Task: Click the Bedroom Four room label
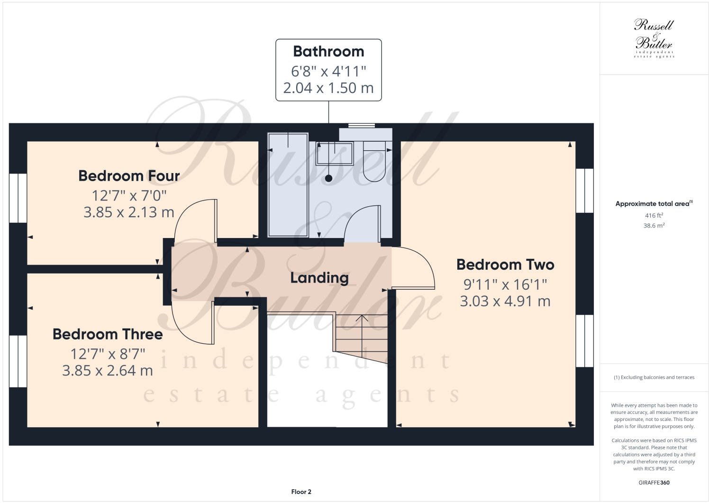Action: tap(129, 176)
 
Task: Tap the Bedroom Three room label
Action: tap(108, 334)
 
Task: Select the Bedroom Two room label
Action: tap(505, 265)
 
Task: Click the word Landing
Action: tap(319, 278)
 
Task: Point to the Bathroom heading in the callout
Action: tap(328, 51)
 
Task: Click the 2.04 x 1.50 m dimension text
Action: tap(328, 88)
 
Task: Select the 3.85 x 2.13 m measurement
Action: tap(129, 212)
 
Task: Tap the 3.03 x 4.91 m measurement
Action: tap(505, 301)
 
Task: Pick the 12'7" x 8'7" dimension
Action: tap(108, 354)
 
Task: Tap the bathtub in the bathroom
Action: tap(288, 185)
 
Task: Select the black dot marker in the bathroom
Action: tap(328, 179)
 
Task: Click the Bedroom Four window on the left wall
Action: tap(18, 198)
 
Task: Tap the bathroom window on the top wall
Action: tap(361, 126)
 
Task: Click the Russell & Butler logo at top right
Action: tap(654, 38)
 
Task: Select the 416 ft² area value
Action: tap(654, 215)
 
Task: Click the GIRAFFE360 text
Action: tap(654, 483)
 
